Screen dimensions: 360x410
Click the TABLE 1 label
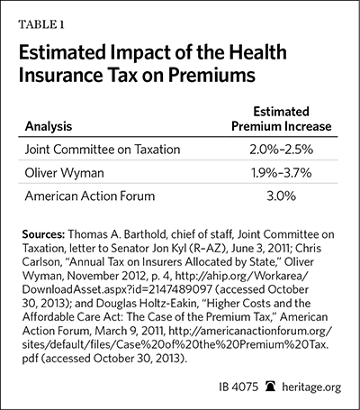(41, 24)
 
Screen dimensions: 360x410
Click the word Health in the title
(258, 52)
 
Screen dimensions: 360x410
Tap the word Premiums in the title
(211, 75)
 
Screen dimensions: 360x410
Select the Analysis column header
(49, 126)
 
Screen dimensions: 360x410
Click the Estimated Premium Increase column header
(282, 119)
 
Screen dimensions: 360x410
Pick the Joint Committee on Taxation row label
(103, 150)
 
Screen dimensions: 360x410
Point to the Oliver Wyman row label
(64, 173)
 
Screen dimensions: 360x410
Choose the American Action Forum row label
(90, 196)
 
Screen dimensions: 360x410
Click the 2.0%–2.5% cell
(281, 150)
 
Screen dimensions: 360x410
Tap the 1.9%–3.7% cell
(281, 173)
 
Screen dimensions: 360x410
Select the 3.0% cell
(281, 196)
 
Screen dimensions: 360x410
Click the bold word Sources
(43, 234)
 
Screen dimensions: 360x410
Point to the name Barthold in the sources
(146, 234)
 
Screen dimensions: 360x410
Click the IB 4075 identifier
(238, 387)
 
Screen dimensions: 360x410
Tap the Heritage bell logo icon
(270, 387)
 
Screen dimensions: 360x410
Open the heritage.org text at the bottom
(311, 387)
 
